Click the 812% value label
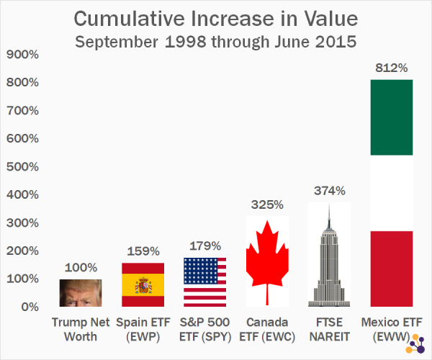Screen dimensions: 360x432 point(392,68)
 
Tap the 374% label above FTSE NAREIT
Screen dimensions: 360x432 point(329,191)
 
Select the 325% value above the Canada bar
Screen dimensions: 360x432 point(267,204)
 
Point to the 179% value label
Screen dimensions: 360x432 point(205,246)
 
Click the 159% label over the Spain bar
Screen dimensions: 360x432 point(143,252)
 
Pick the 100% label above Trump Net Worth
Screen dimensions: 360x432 point(81,268)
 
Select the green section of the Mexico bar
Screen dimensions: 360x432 point(392,117)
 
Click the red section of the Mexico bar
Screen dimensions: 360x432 point(392,268)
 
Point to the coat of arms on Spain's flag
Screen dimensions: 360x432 point(141,285)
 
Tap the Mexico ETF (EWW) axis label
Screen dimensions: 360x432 point(392,328)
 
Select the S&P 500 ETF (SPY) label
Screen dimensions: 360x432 point(205,328)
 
